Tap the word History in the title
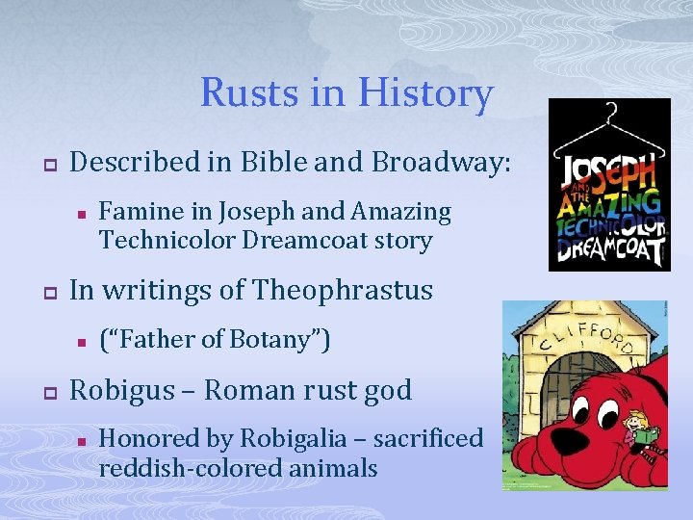(x=424, y=93)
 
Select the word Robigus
(x=127, y=390)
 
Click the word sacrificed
(x=427, y=438)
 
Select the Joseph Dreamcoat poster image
(x=608, y=185)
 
